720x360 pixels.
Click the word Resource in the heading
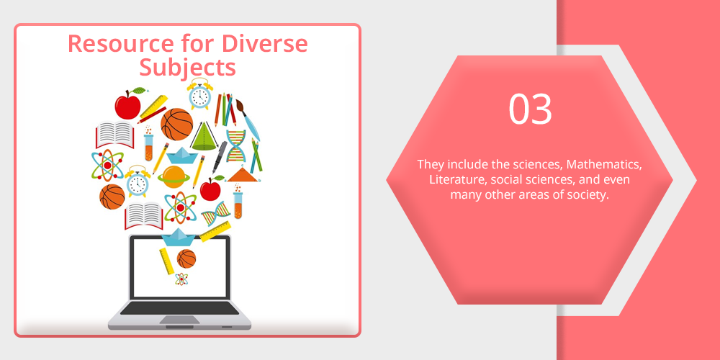120,44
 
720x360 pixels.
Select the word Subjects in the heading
188,68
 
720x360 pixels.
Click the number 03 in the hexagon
530,109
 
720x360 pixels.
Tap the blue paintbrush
248,120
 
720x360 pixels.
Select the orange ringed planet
174,177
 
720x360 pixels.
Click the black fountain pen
220,157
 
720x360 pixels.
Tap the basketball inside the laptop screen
186,258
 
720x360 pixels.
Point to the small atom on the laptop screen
181,279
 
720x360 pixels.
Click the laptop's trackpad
179,320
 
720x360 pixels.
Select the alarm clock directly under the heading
199,94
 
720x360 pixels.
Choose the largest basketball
177,125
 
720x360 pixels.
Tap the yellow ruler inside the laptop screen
166,261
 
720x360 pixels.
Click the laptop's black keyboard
179,308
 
